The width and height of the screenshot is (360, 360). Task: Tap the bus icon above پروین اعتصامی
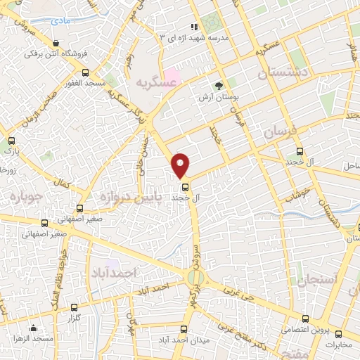305,318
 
